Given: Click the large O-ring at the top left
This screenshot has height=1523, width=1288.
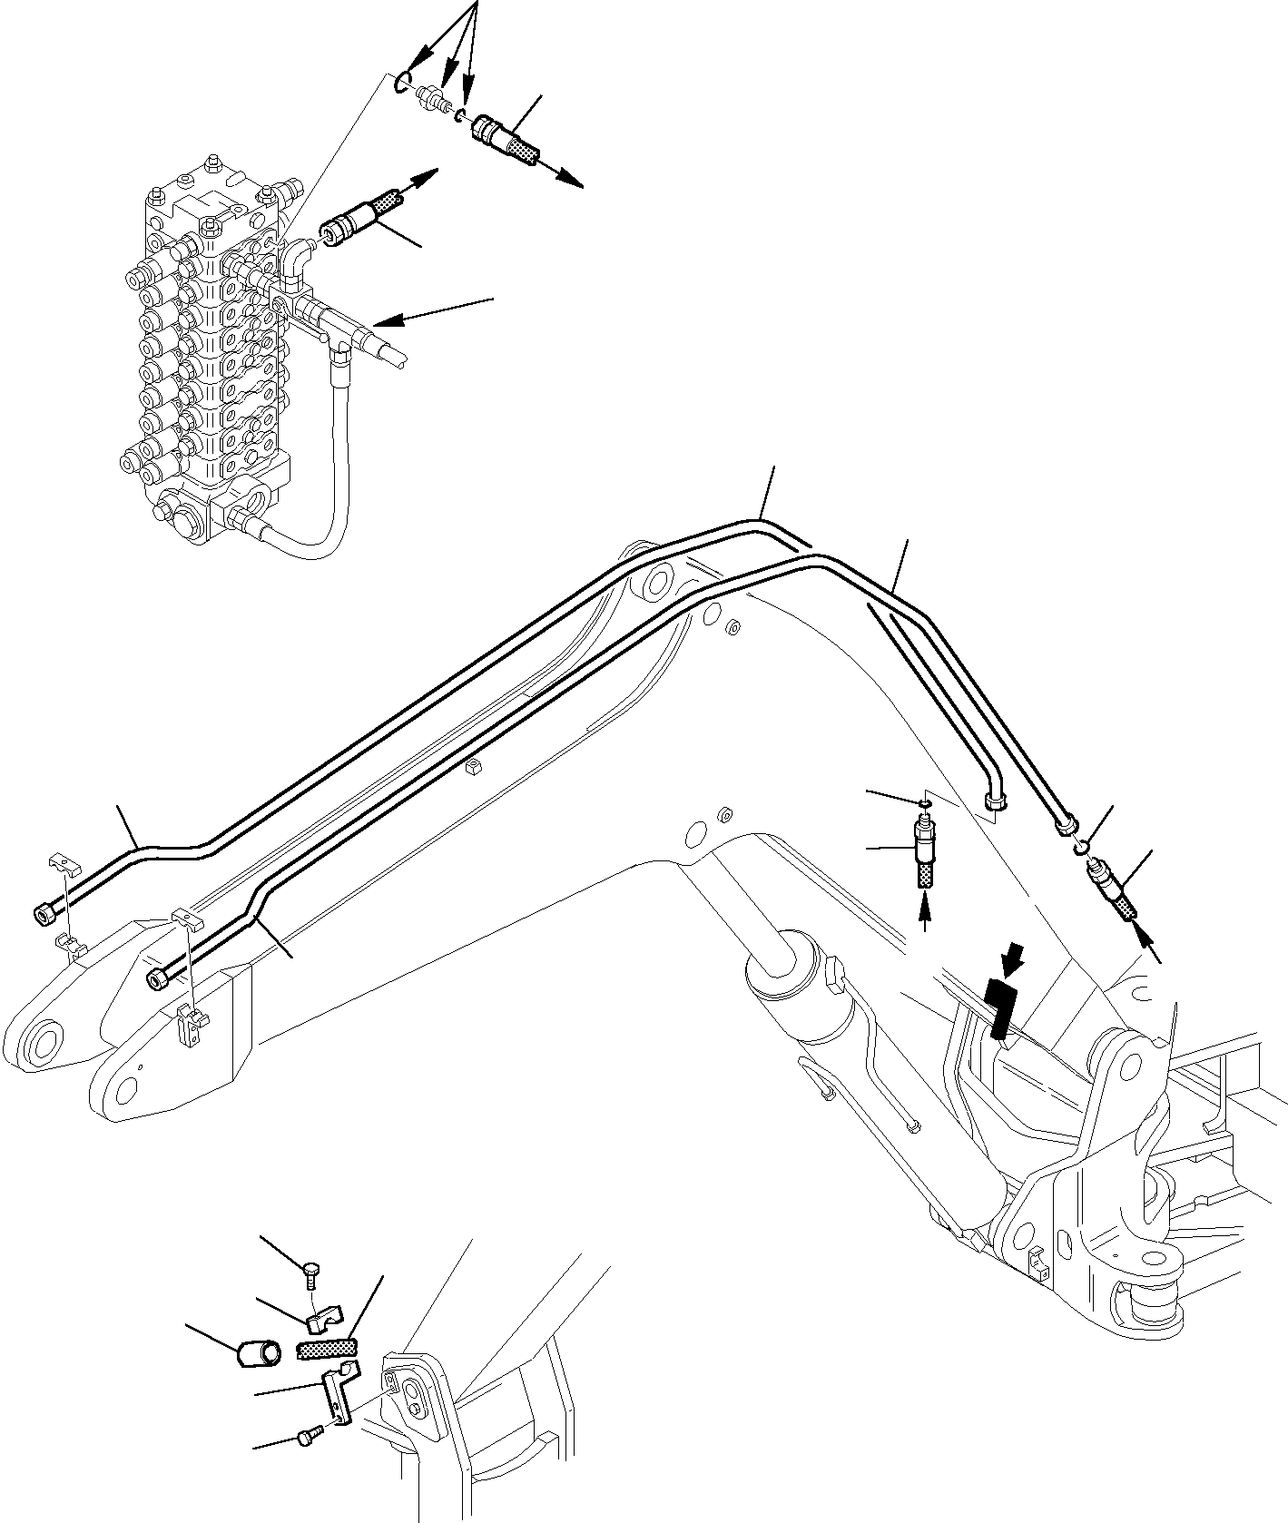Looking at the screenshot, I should coord(404,83).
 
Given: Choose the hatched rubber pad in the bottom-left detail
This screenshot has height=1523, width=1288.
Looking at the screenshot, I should coord(328,1350).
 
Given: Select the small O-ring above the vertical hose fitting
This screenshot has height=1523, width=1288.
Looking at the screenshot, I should coord(922,804).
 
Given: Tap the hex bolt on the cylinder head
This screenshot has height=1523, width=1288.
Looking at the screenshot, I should coord(834,978).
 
